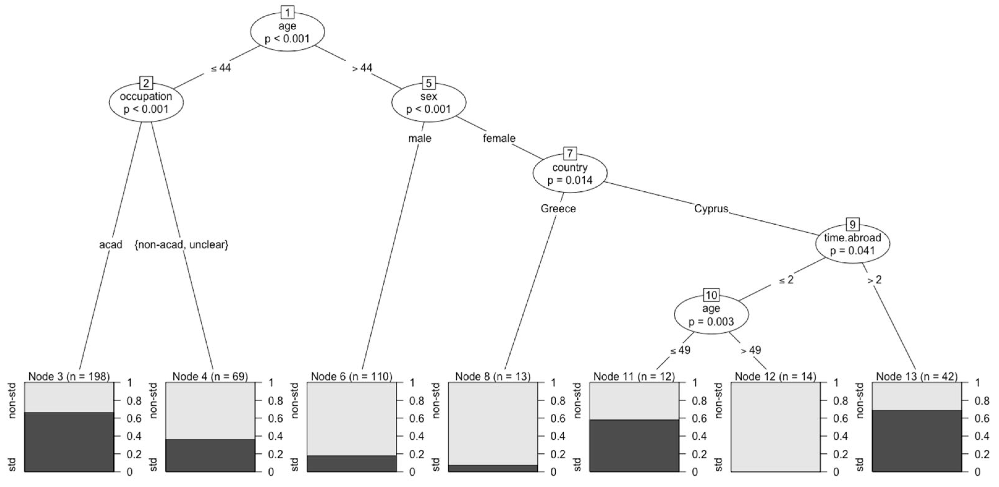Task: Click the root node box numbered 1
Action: (x=287, y=13)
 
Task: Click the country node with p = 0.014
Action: (x=570, y=173)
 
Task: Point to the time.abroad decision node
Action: (x=852, y=244)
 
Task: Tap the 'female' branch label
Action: (x=499, y=138)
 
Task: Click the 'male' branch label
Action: (x=419, y=138)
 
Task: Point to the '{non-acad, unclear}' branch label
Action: (x=182, y=244)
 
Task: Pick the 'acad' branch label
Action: (x=111, y=244)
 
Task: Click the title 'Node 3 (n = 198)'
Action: (x=69, y=376)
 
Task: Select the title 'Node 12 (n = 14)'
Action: (x=775, y=376)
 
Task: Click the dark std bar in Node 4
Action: (x=210, y=455)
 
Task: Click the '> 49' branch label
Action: (x=751, y=350)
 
